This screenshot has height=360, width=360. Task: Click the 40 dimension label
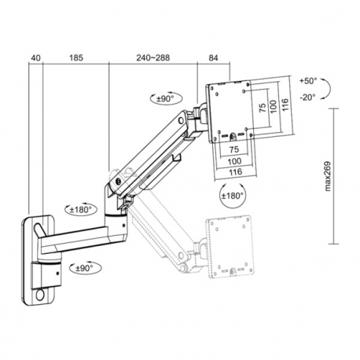(35, 57)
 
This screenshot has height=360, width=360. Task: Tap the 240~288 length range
(152, 57)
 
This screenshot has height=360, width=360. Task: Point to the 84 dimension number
(215, 57)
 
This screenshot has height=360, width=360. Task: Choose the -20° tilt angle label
(307, 97)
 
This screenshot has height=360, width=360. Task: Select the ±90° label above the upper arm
(165, 98)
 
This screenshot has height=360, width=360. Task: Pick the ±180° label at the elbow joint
(80, 210)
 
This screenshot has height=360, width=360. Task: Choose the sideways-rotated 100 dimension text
(271, 105)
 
